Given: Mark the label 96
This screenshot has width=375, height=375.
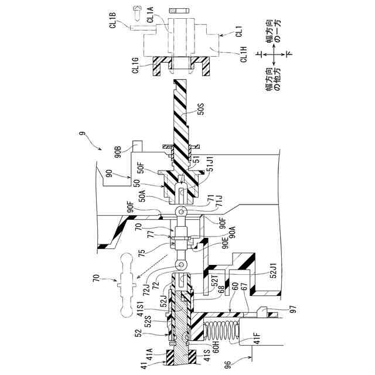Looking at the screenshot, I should pos(228,364).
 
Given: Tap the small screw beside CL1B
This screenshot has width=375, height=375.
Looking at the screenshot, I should pos(139,10).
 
